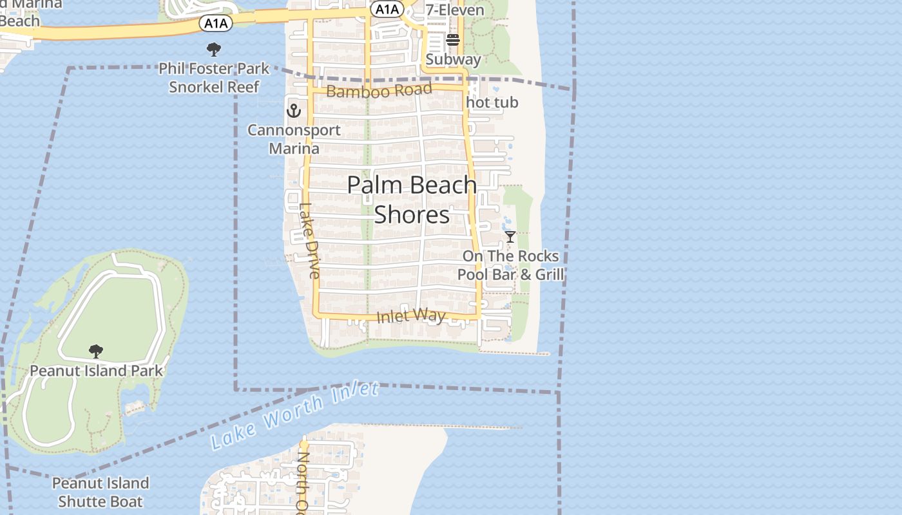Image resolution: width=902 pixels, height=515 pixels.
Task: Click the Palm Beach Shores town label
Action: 412,200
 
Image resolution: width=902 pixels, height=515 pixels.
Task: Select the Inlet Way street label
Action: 411,316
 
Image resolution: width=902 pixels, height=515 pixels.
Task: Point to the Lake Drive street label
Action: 309,241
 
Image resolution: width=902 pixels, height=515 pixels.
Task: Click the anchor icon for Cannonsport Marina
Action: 294,111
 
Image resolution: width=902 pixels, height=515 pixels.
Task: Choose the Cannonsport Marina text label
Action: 294,139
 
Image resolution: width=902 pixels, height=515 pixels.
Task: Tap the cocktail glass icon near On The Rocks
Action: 510,237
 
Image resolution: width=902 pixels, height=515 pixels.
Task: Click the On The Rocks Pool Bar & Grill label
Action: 510,265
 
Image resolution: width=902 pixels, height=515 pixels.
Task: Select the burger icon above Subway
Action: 452,40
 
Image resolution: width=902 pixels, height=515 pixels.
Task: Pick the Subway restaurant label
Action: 453,59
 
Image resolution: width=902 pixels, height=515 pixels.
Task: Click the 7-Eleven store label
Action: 454,10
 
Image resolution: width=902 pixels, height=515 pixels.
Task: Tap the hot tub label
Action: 492,102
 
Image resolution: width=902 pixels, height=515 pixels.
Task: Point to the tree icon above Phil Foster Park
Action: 213,49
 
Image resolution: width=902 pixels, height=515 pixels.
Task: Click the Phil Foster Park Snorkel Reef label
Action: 214,77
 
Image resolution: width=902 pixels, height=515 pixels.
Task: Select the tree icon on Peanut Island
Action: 96,351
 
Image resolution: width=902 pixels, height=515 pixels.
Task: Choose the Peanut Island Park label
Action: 97,371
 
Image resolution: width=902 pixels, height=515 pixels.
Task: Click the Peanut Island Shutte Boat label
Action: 100,492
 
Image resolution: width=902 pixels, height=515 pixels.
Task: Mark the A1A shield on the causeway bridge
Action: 215,24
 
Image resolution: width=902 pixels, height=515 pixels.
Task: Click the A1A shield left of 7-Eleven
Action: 387,9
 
